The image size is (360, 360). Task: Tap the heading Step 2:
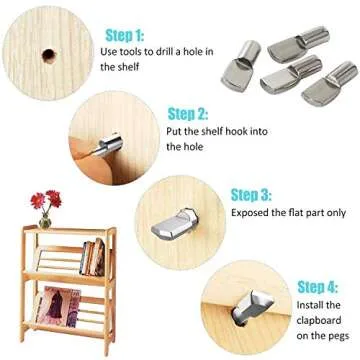pos(188,113)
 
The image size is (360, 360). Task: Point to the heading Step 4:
pos(318,286)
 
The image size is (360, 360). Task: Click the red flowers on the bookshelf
pos(45,199)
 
